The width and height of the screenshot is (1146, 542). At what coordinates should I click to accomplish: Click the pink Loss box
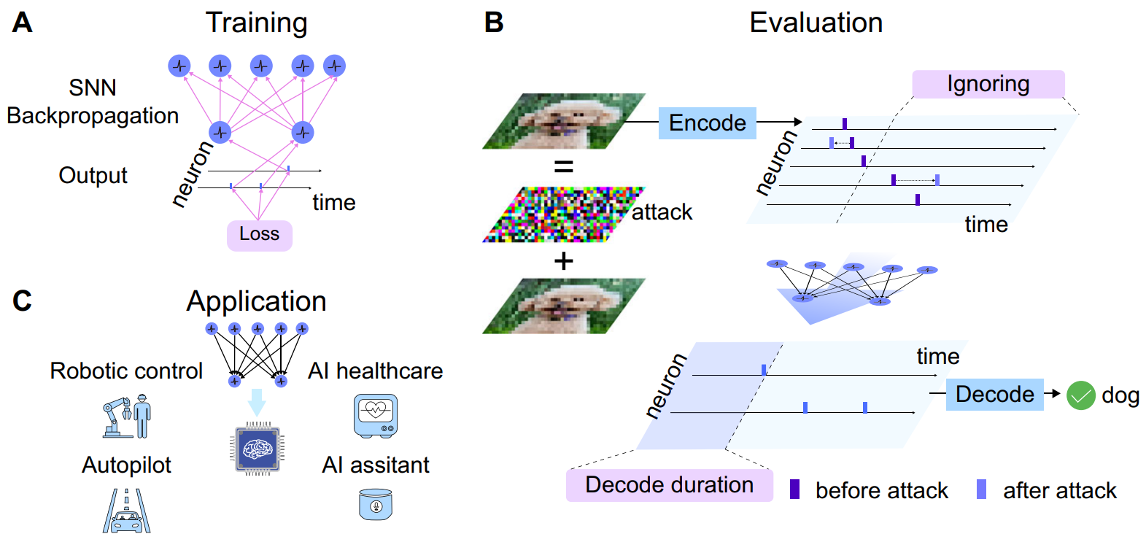click(x=259, y=235)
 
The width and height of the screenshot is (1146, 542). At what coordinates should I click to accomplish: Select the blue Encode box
click(x=707, y=123)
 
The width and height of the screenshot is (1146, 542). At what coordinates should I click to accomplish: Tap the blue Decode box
click(x=994, y=394)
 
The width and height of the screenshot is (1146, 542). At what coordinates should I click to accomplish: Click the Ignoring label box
click(x=988, y=85)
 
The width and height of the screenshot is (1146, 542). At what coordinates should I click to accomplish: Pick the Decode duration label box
click(x=669, y=485)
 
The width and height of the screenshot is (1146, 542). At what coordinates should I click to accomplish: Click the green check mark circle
click(x=1080, y=395)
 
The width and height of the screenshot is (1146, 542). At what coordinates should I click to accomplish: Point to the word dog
click(x=1120, y=395)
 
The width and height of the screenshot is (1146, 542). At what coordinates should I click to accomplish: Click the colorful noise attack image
click(x=563, y=214)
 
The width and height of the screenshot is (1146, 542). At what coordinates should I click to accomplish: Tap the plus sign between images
click(x=563, y=260)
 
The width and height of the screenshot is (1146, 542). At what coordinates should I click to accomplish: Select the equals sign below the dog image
click(x=563, y=167)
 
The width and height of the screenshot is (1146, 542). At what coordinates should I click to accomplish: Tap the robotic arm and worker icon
click(x=127, y=417)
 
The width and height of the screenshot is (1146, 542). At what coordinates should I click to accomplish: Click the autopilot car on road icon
click(x=127, y=511)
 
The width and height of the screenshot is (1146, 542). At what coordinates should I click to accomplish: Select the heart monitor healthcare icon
click(x=376, y=416)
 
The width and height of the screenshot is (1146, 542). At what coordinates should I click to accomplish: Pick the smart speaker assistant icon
click(x=376, y=505)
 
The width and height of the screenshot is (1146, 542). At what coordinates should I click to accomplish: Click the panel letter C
click(x=22, y=301)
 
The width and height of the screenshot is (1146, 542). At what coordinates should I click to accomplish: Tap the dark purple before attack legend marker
click(x=794, y=489)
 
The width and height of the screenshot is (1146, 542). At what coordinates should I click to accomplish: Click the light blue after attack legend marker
click(x=981, y=489)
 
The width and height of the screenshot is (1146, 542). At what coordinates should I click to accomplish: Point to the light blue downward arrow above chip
click(x=257, y=402)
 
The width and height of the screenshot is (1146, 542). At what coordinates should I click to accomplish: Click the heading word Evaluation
click(x=816, y=23)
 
